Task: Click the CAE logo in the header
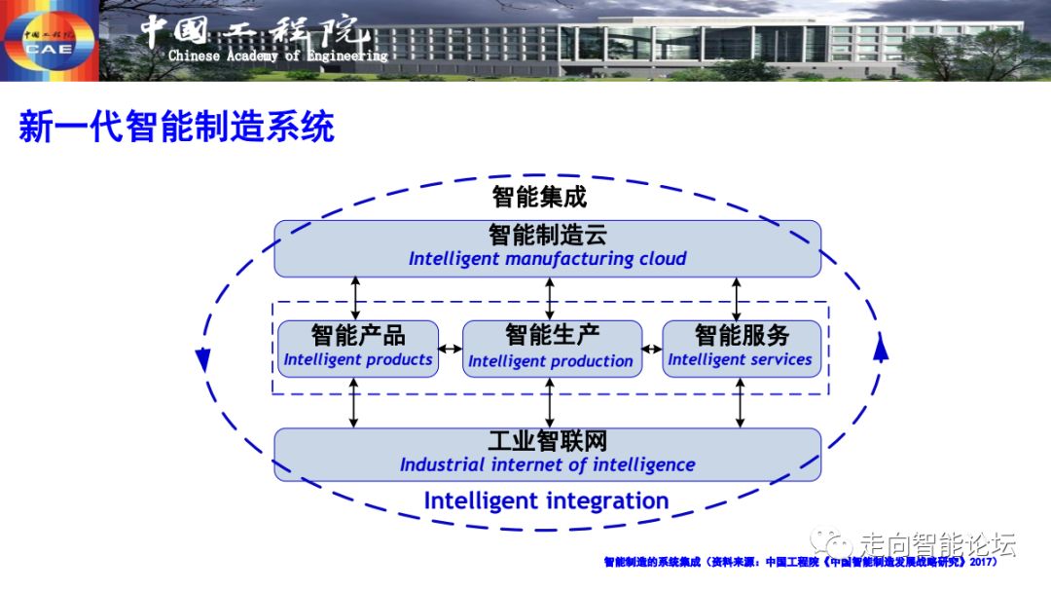tap(49, 42)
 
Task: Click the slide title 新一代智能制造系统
tap(176, 128)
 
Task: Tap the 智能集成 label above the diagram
tap(539, 197)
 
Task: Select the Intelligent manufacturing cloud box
tap(547, 248)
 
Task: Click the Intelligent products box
tap(358, 348)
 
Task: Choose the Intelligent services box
tap(742, 348)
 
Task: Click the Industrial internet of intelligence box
tap(547, 454)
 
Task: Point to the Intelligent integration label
tap(546, 501)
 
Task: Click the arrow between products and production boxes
tap(450, 349)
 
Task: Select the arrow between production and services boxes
tap(652, 349)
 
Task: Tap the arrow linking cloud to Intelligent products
tap(356, 298)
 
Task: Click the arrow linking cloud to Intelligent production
tap(550, 298)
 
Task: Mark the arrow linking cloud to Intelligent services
tap(737, 298)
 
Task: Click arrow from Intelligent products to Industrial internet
tap(354, 402)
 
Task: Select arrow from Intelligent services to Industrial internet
tap(741, 402)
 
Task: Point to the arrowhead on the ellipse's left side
tap(202, 357)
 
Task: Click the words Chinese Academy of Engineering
tap(277, 55)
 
